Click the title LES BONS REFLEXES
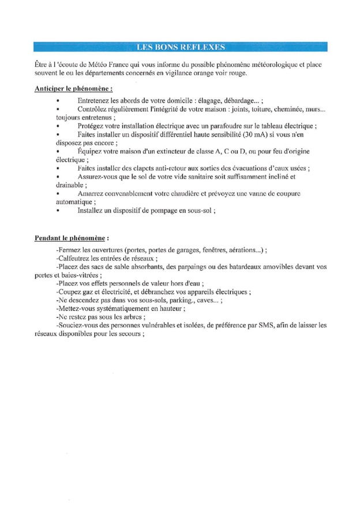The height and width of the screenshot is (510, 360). coord(180,47)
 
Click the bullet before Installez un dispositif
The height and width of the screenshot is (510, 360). coord(58,211)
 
